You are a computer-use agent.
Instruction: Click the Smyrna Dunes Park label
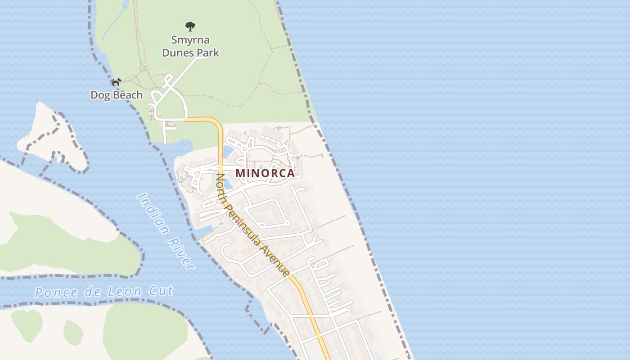[x=190, y=46]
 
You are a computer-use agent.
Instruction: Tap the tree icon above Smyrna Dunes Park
[x=190, y=27]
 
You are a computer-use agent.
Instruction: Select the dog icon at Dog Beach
[x=116, y=82]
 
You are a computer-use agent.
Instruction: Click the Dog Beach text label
[x=117, y=95]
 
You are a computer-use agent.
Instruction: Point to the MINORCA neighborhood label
[x=265, y=173]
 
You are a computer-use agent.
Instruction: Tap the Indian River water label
[x=166, y=231]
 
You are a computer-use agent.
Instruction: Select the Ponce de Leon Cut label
[x=104, y=292]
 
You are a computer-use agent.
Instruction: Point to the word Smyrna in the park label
[x=190, y=40]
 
